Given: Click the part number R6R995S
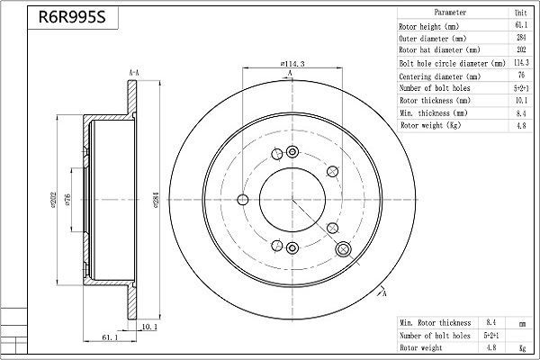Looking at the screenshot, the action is pos(72,17).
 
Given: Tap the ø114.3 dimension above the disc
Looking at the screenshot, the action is pos(292,64).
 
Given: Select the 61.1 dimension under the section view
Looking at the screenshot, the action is pos(110,337).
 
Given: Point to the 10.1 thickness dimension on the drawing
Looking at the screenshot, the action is pos(149,326).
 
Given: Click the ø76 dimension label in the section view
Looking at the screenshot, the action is pos(67,200).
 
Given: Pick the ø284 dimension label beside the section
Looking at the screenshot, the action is pos(156,200).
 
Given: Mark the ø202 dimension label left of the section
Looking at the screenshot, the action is pos(53,200).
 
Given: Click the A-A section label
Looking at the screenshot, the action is pos(134,73).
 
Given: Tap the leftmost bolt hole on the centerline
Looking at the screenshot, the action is pos(243,200).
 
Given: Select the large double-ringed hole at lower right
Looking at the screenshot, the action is pos(344,249).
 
